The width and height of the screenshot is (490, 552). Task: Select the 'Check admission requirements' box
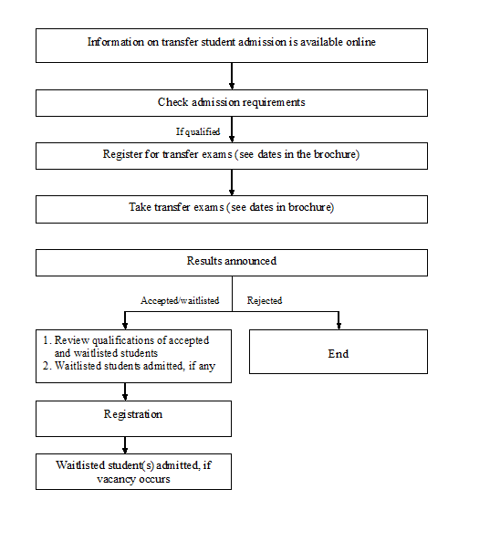232,103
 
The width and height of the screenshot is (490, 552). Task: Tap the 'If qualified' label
198,131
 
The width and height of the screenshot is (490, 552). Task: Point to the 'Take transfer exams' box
232,210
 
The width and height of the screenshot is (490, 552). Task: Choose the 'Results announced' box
232,263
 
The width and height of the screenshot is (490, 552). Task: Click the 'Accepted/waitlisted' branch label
180,300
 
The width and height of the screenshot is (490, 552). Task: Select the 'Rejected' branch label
265,300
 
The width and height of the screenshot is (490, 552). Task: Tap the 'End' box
339,351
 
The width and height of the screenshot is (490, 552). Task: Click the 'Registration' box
133,419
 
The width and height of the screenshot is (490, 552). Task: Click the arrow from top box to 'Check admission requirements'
232,76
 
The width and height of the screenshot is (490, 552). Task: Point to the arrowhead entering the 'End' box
339,326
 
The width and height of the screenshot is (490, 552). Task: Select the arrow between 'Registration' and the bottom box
125,445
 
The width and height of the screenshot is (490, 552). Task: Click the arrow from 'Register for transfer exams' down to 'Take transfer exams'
232,182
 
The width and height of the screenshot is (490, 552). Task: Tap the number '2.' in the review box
47,366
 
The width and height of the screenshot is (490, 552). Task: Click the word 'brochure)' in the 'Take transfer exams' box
311,207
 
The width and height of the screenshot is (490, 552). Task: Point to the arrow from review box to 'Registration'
125,391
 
